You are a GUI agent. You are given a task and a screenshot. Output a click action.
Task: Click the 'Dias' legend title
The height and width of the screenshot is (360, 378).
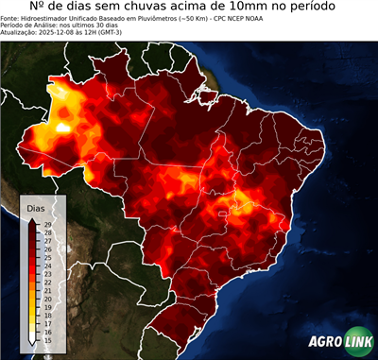click(x=36, y=206)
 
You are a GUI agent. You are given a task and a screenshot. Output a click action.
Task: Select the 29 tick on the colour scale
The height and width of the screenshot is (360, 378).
click(x=47, y=224)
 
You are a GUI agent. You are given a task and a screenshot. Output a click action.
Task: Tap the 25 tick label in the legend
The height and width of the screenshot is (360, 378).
click(x=47, y=257)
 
